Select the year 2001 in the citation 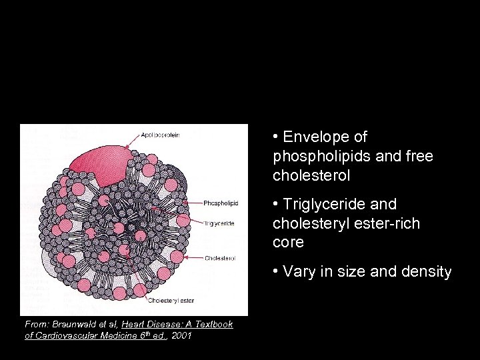point(181,335)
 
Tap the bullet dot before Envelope point(275,137)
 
